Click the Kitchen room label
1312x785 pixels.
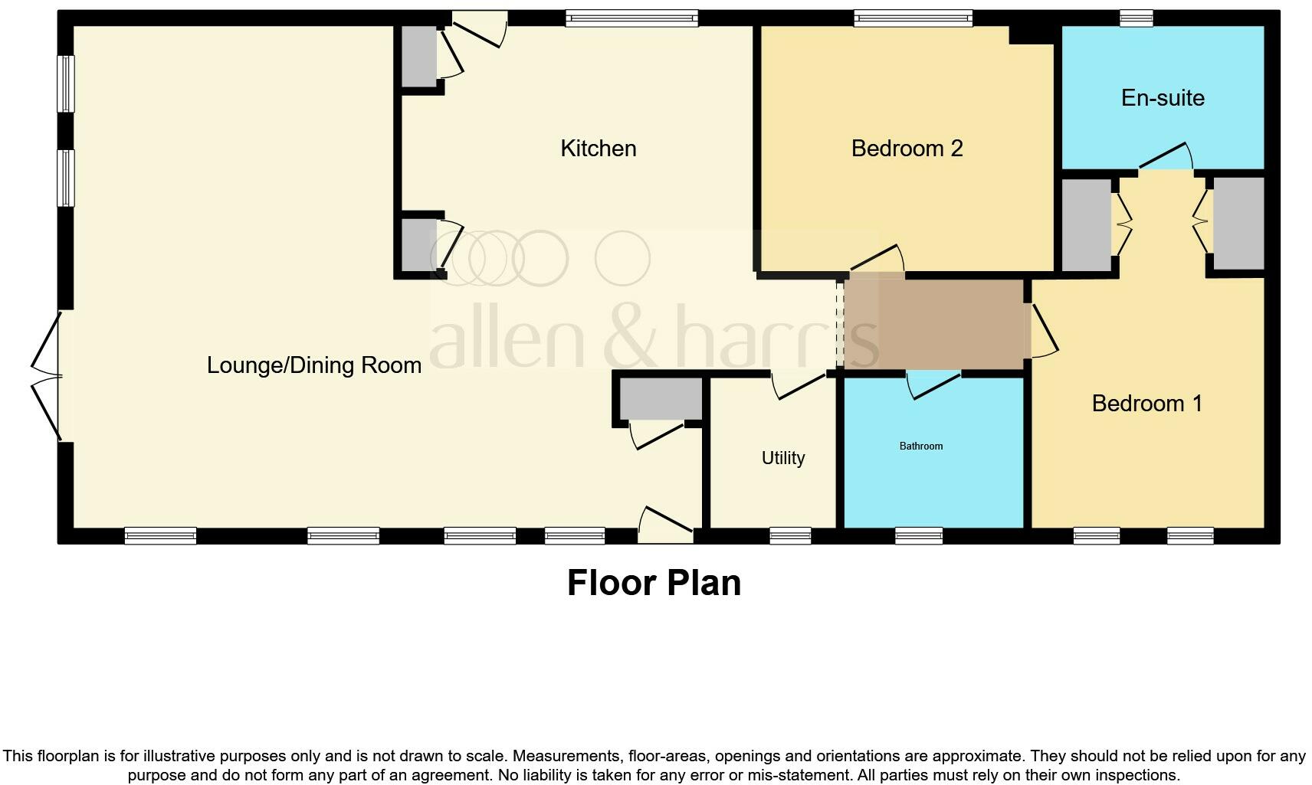598,148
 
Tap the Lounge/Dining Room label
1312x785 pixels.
313,365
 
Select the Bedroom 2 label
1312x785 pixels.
907,148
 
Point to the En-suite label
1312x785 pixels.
1162,97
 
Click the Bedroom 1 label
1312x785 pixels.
1146,403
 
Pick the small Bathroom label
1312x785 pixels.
920,446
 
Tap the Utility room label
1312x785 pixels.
782,457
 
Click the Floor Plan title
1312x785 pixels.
654,583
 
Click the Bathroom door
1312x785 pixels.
933,384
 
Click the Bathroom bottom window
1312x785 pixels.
918,535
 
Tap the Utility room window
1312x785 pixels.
789,535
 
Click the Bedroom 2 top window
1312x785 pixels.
913,18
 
